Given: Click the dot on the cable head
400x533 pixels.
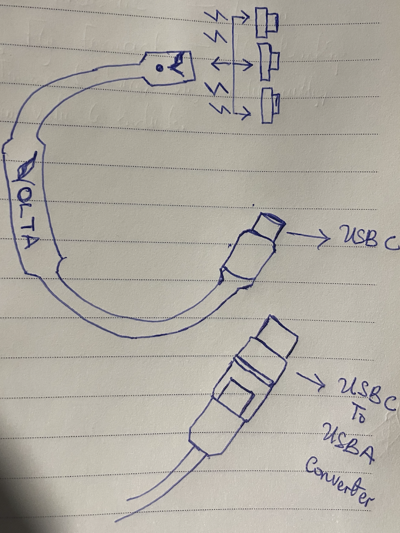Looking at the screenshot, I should pos(160,68).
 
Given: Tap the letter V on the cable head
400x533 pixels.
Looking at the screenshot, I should pos(178,64).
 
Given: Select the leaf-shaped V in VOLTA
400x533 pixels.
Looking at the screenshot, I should pos(26,167).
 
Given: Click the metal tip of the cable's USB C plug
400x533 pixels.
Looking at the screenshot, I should pos(269,224).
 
